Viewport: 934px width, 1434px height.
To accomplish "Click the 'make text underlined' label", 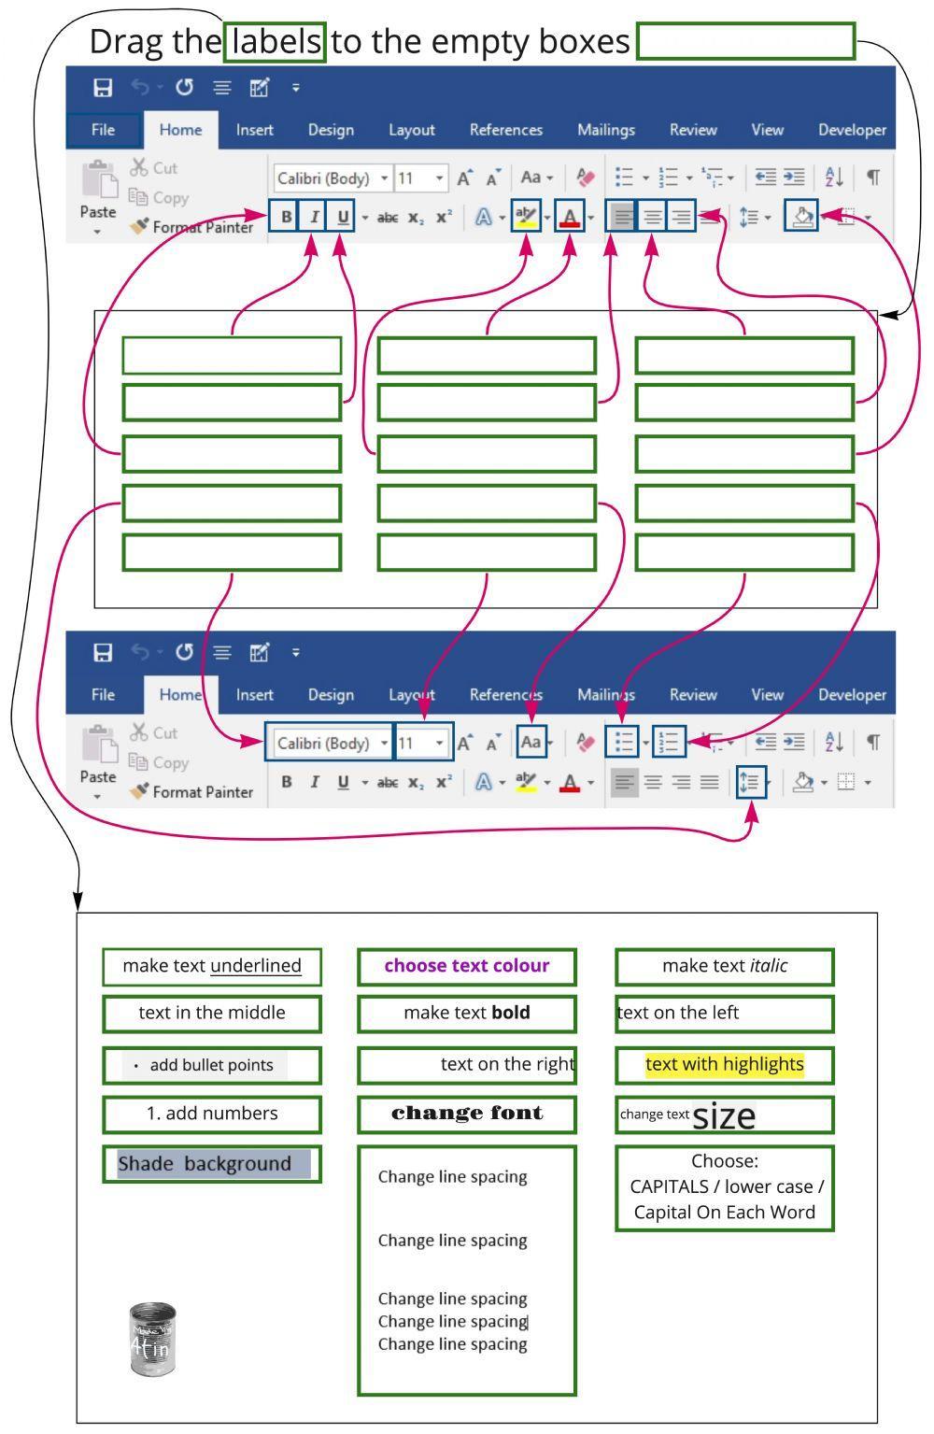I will [x=212, y=966].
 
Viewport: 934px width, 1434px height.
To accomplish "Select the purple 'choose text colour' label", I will [x=467, y=966].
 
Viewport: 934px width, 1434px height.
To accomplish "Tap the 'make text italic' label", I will [x=724, y=966].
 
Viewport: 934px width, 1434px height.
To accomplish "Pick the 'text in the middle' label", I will [x=212, y=1013].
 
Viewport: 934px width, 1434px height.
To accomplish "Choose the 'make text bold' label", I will [x=467, y=1013].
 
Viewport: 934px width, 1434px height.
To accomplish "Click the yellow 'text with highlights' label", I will [x=724, y=1064].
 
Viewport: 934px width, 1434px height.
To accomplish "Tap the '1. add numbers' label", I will [x=212, y=1114].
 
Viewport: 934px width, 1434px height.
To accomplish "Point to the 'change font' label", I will [x=467, y=1114].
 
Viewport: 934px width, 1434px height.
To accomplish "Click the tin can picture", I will [x=151, y=1339].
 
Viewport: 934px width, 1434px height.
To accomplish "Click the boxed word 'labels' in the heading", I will [x=276, y=42].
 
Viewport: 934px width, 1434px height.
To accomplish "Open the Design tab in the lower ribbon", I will [x=331, y=695].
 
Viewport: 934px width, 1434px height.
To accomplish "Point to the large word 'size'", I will [x=724, y=1115].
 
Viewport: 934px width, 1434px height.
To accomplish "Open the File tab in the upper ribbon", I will [x=103, y=130].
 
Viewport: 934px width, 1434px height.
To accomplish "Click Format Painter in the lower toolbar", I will [x=192, y=792].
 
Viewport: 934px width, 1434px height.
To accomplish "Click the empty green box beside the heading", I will [x=745, y=42].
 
